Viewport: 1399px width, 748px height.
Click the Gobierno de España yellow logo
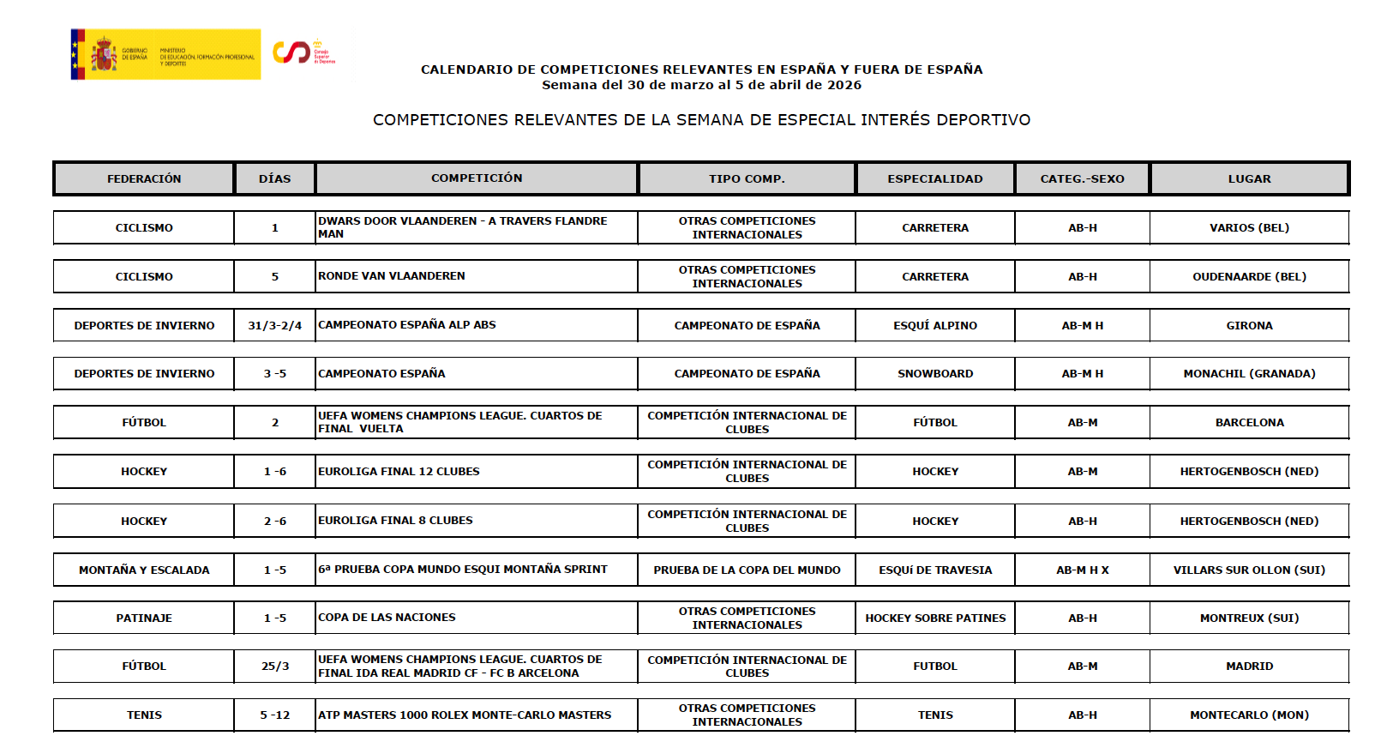click(x=165, y=54)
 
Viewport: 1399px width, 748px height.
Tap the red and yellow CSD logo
click(x=303, y=52)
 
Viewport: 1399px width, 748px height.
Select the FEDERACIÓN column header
click(x=144, y=178)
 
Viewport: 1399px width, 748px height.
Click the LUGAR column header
click(x=1249, y=178)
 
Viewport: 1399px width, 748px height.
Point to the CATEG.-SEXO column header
click(x=1082, y=178)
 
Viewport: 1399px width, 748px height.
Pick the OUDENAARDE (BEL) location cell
click(x=1249, y=276)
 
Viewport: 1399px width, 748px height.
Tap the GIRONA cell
click(x=1249, y=325)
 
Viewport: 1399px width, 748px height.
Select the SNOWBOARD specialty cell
click(x=935, y=374)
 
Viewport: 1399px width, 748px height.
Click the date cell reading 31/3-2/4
click(x=275, y=325)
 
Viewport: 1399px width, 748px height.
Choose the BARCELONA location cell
click(x=1249, y=422)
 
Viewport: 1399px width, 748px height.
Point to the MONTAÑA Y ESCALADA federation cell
click(x=144, y=570)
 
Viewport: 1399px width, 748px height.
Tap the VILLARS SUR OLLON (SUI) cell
click(x=1249, y=570)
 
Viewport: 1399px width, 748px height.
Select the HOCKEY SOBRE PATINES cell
click(x=935, y=618)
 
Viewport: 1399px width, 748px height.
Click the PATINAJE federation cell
click(x=144, y=618)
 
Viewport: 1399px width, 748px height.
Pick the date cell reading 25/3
click(x=275, y=666)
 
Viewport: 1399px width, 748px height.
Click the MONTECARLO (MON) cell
click(x=1249, y=715)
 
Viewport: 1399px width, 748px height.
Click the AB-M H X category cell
click(x=1082, y=570)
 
